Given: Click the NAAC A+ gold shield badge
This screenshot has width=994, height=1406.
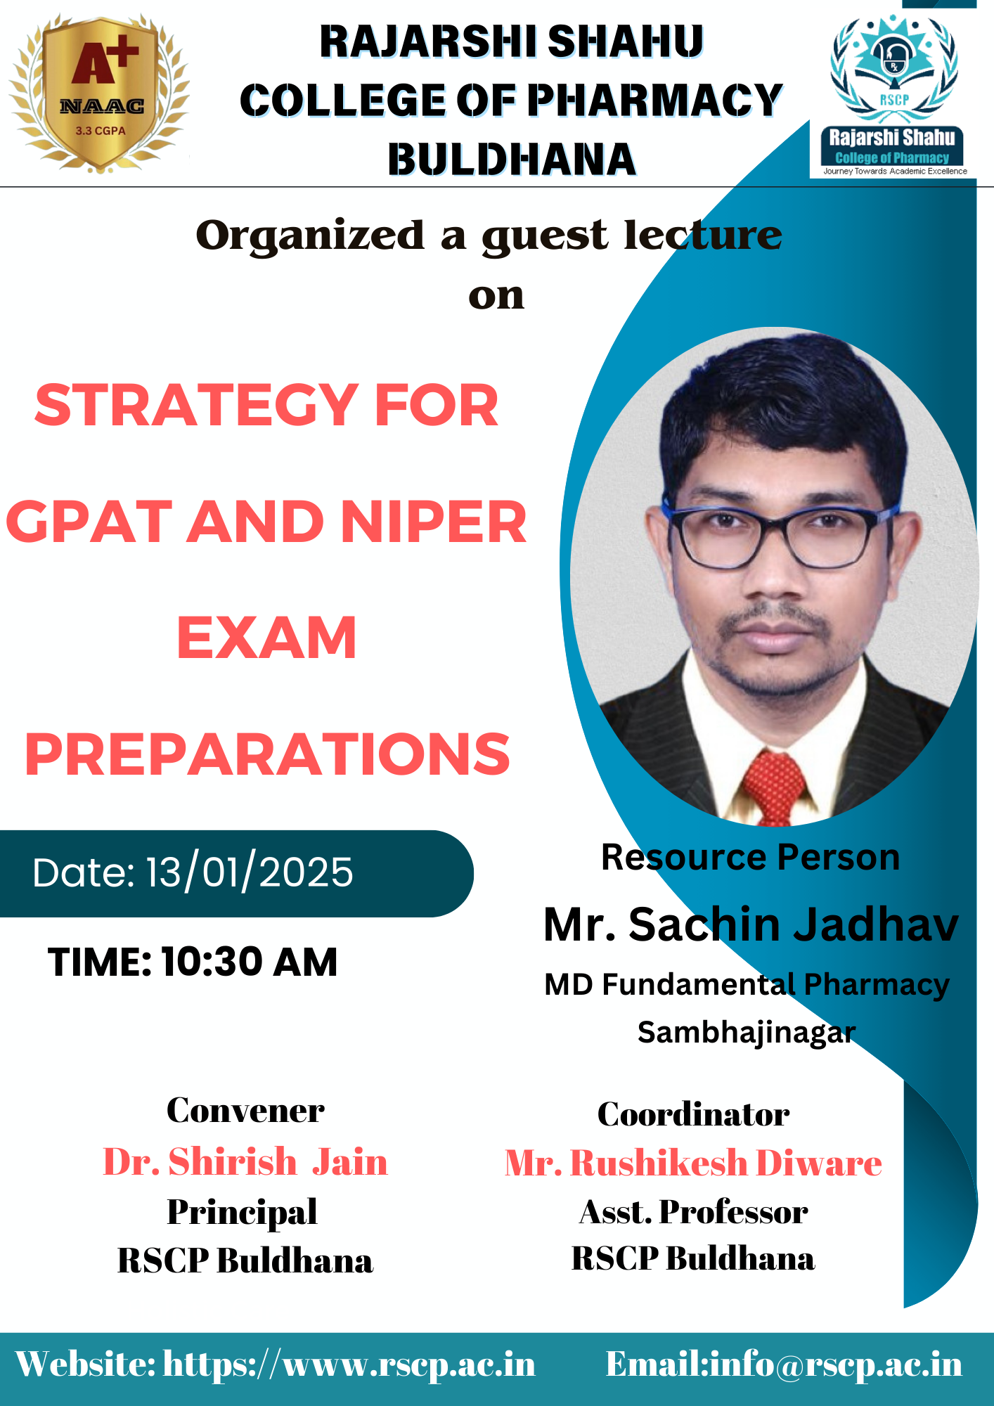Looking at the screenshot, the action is coord(99,93).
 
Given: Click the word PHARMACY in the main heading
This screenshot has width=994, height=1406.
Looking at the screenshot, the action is coord(654,100).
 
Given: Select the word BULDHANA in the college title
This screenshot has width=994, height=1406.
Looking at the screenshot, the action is coord(512,159).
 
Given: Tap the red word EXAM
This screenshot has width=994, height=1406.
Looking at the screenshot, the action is coord(266,638).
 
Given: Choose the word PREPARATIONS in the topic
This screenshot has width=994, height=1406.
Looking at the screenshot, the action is coord(267,754).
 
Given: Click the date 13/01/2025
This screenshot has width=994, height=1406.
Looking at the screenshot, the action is coord(250,873).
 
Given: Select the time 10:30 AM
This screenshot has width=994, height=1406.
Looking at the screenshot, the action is coord(250,962).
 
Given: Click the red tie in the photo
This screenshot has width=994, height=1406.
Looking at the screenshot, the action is coord(773,787).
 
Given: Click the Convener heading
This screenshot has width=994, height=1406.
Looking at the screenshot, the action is coord(245,1111).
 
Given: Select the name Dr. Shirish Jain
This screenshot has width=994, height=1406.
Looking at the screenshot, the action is coord(245,1161).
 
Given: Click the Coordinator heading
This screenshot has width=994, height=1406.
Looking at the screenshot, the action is coord(693,1114).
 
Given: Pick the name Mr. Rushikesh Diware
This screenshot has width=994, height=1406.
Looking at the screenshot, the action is coord(693,1163).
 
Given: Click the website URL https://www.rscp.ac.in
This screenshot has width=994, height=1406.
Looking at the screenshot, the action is coord(349,1365).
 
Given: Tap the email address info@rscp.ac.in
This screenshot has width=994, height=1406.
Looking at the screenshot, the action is coord(836,1365).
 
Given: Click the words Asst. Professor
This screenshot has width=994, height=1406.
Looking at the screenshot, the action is coord(693,1212).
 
